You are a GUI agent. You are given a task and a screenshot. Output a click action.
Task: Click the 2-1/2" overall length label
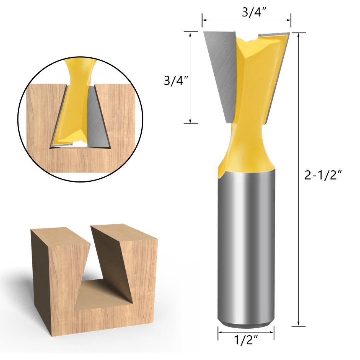tap(323, 175)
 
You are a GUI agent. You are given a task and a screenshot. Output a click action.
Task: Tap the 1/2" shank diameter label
tap(246, 341)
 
